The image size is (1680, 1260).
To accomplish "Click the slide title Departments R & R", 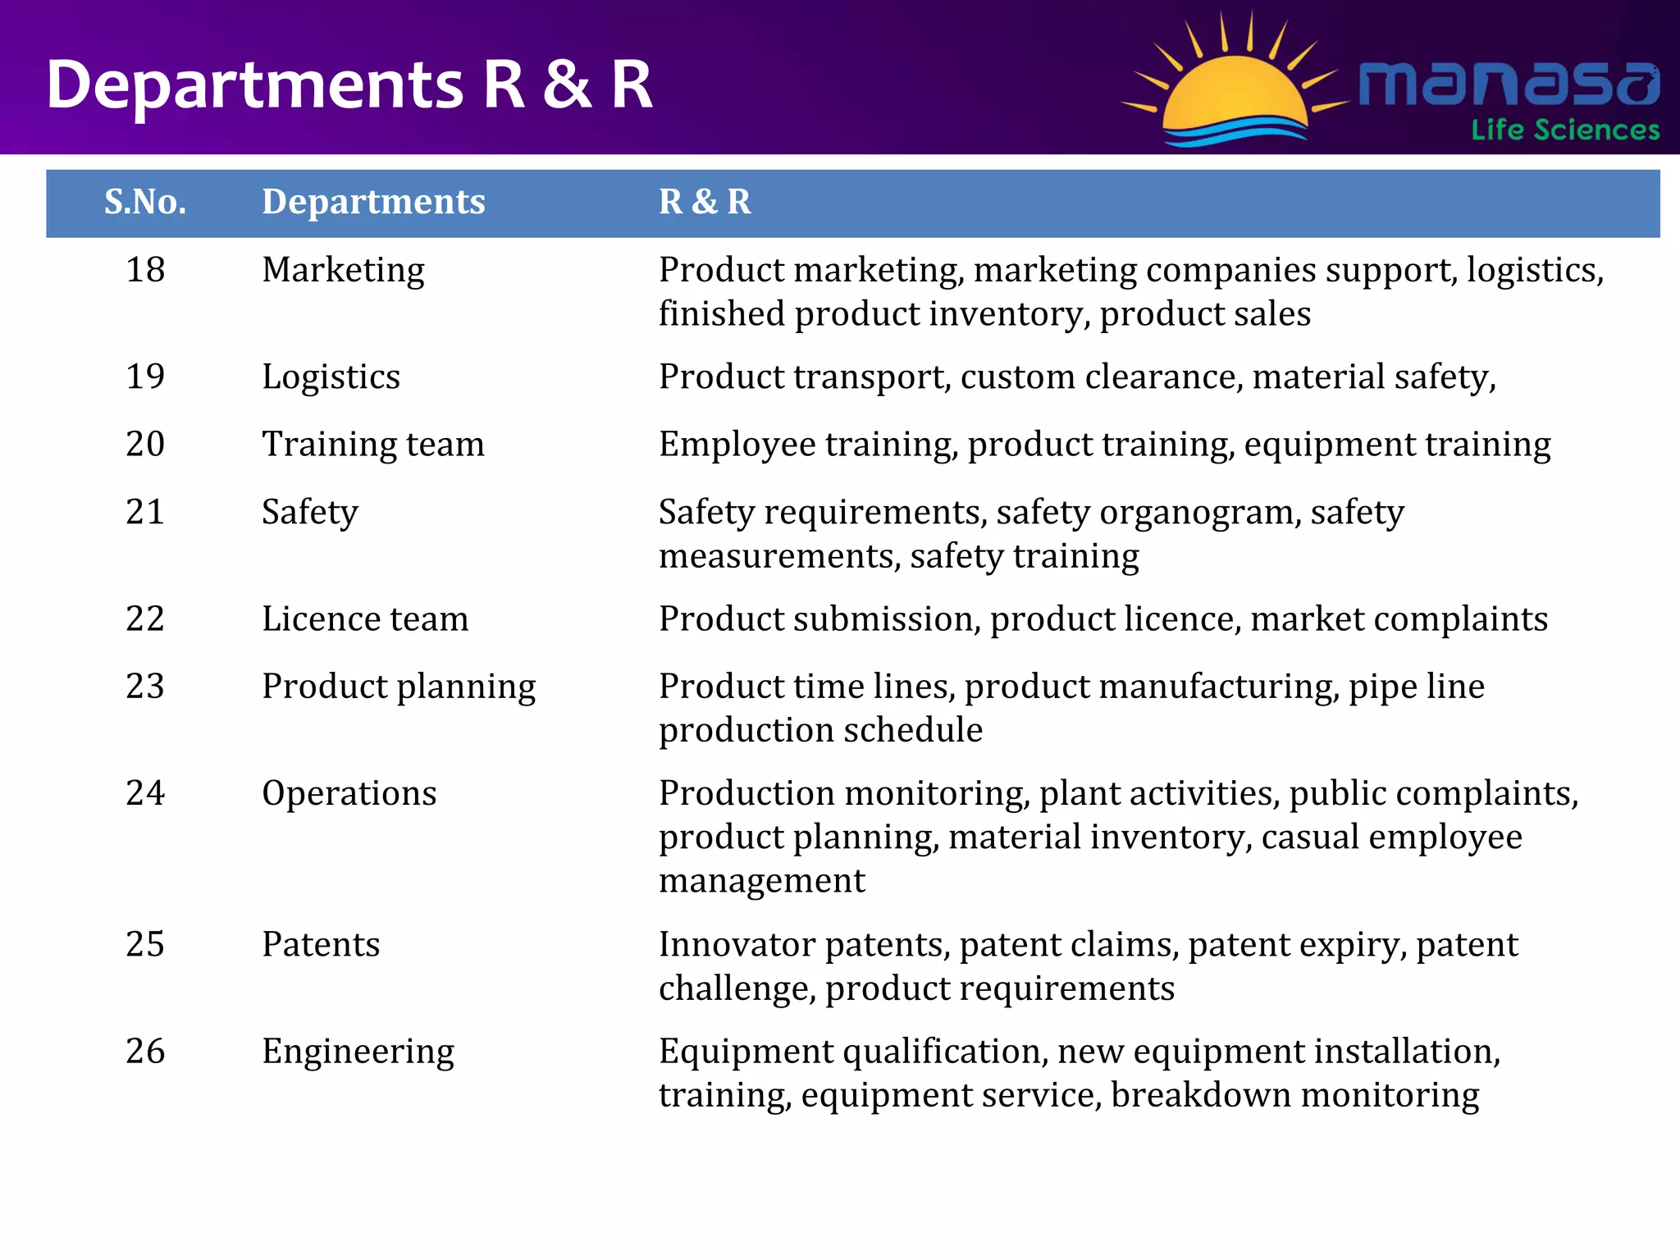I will (349, 84).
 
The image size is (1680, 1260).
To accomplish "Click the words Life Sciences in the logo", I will (1565, 130).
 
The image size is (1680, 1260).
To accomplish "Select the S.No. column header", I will (145, 202).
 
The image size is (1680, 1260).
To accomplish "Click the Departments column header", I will (373, 202).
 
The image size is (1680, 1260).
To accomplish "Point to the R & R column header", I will (705, 202).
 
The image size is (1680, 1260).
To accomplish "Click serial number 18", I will (145, 270).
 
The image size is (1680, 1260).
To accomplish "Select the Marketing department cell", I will (343, 270).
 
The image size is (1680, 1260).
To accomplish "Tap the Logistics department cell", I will (331, 377).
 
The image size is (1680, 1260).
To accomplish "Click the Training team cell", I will (373, 445).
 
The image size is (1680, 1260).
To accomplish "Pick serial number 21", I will (145, 512).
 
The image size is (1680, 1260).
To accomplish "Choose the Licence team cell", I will (365, 619).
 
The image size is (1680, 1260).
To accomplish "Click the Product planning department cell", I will (399, 687).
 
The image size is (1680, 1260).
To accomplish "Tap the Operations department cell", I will (349, 793).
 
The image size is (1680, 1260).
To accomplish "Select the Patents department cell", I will (321, 944).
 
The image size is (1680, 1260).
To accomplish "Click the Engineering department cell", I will (358, 1052).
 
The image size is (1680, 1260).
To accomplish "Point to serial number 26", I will (145, 1052).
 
